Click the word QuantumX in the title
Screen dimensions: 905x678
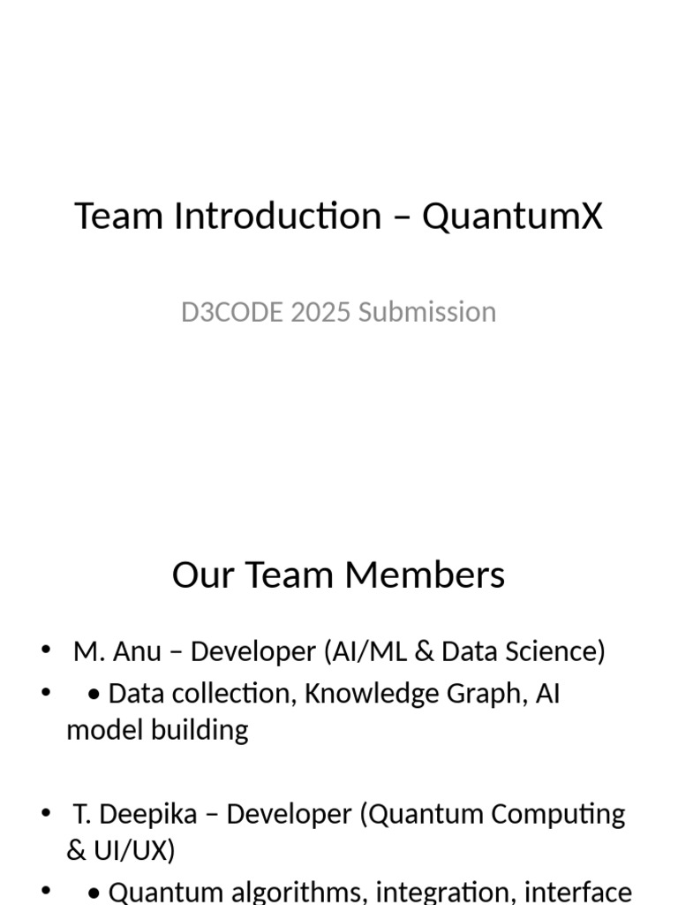pos(512,217)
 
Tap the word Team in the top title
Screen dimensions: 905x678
pos(119,217)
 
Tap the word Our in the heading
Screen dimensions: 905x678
pos(202,574)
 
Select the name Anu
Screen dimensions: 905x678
pos(138,651)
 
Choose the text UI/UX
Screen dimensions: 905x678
pos(128,850)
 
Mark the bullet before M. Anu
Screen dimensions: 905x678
pos(46,651)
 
